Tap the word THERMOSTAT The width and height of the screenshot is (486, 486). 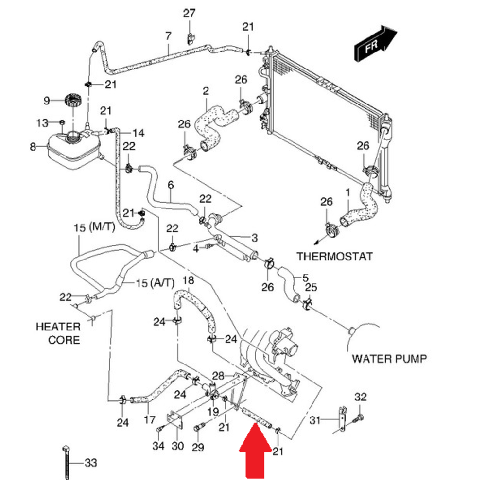click(x=334, y=256)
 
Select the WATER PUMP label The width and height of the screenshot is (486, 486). click(x=389, y=359)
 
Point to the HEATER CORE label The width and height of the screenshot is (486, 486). click(x=57, y=333)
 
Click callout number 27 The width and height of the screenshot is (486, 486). click(x=189, y=13)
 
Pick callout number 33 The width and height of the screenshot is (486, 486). click(x=91, y=463)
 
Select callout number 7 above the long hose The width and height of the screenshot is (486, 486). click(x=168, y=36)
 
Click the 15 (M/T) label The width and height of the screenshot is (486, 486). click(x=93, y=227)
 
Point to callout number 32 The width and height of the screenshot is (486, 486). click(x=360, y=397)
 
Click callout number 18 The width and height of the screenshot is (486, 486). click(x=188, y=280)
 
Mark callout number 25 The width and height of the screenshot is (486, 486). click(x=311, y=287)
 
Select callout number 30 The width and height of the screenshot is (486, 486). click(x=177, y=446)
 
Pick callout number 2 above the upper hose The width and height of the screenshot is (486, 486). click(x=206, y=91)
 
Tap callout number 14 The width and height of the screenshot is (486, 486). click(x=138, y=133)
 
